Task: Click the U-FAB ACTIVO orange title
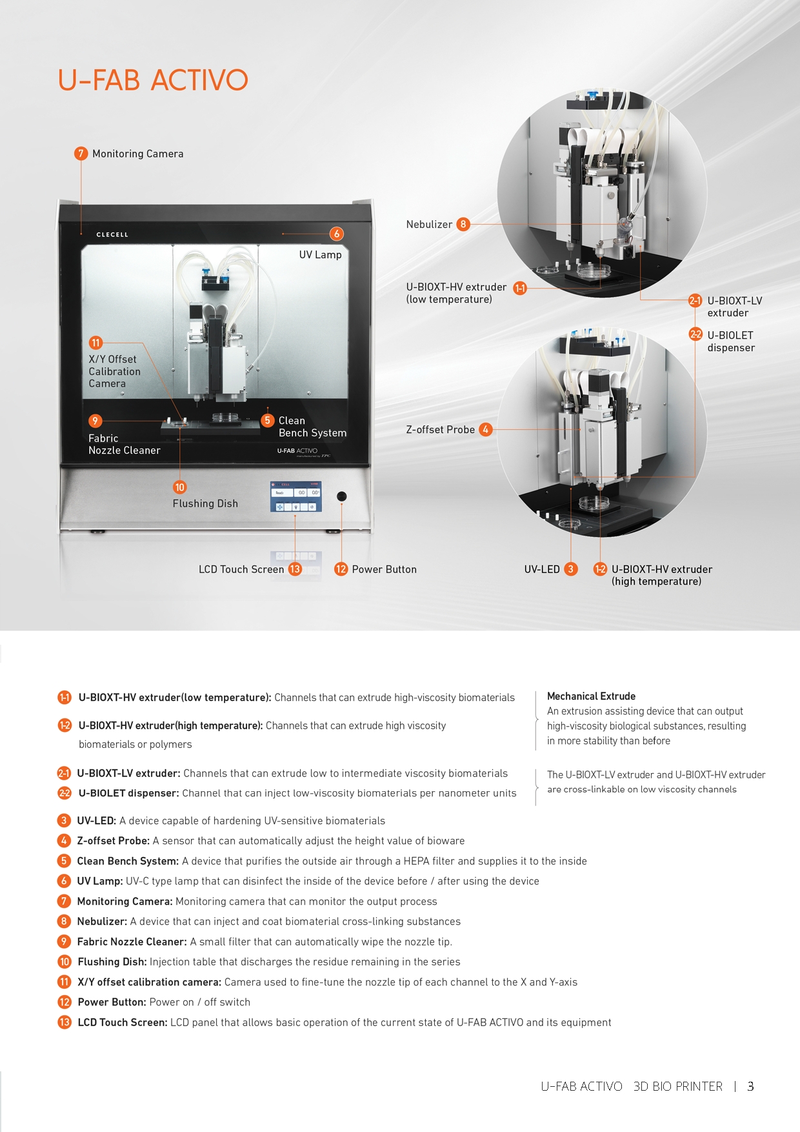coord(153,80)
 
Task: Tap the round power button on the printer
coord(341,496)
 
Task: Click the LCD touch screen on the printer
coord(295,496)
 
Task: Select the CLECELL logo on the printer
coord(112,235)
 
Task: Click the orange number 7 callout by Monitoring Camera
coord(81,154)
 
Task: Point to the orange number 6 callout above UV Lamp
coord(336,234)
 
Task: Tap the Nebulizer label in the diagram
coord(429,225)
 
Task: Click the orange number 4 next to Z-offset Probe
coord(485,429)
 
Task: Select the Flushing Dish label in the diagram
coord(205,503)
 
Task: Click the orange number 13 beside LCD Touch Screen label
coord(295,569)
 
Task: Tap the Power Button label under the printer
coord(384,569)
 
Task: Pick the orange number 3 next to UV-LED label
coord(570,569)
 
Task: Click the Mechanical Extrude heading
coord(591,696)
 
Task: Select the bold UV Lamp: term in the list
coord(99,881)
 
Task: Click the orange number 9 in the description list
coord(64,941)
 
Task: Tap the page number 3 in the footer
coord(750,1086)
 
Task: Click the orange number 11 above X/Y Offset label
coord(95,343)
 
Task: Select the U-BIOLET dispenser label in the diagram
coord(731,341)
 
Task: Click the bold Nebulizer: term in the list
coord(102,922)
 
